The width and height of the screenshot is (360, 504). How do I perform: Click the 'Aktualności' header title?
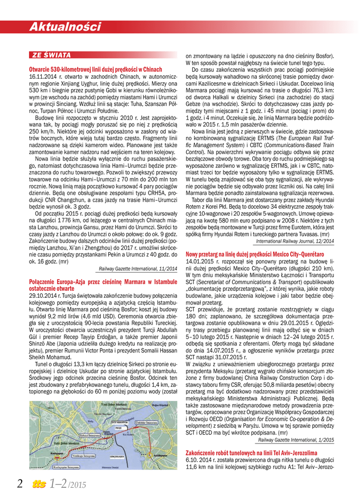pos(64,27)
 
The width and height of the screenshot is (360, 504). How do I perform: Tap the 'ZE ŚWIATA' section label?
pos(51,55)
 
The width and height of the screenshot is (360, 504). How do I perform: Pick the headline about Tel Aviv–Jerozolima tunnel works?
pos(251,452)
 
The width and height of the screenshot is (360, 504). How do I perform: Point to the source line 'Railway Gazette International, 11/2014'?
pos(138,269)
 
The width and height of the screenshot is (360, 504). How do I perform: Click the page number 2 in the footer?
pos(20,484)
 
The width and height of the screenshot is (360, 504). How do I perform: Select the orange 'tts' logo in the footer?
pos(38,484)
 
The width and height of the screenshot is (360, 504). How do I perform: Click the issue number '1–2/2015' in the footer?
pos(68,484)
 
